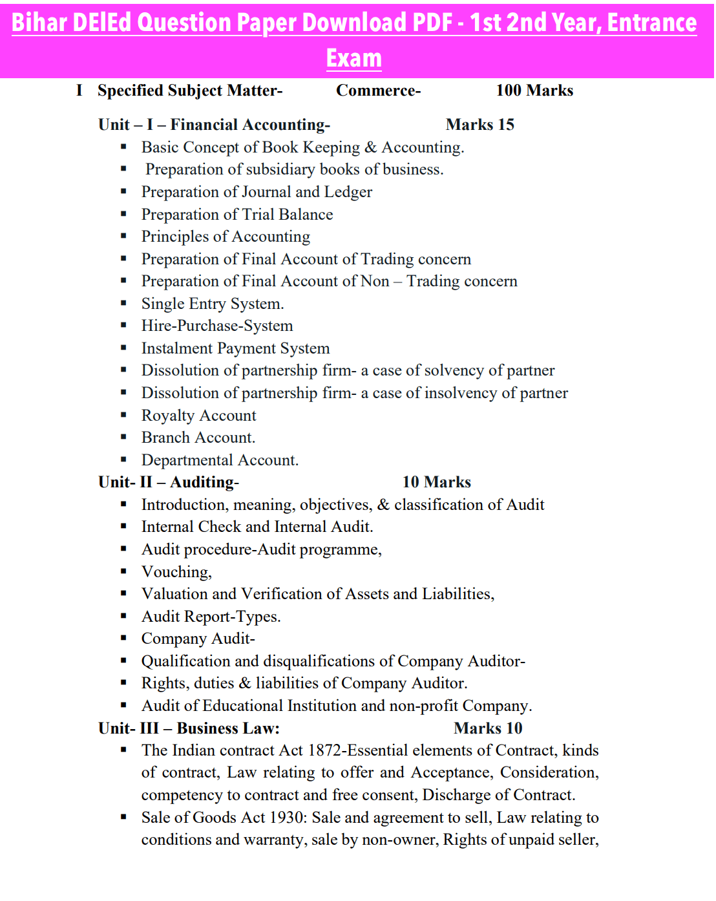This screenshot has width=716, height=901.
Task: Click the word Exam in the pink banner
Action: [353, 58]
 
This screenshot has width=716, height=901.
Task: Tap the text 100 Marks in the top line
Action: [534, 90]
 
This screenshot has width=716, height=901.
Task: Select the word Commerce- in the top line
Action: [378, 90]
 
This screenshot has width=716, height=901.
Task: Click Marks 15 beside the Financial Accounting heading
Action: [479, 125]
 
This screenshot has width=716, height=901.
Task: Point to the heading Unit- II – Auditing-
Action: [169, 482]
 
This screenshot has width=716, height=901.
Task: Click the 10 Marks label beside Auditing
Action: [436, 482]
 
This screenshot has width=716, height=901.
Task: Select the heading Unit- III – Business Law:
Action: [189, 728]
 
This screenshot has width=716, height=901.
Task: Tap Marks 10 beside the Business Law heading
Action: [488, 728]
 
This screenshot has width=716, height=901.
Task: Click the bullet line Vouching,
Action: [176, 572]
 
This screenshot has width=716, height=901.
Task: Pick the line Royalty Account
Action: [199, 416]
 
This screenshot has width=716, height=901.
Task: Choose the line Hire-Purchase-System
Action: [217, 326]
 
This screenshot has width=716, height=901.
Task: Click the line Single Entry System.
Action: [213, 304]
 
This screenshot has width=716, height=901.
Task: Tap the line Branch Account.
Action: [198, 438]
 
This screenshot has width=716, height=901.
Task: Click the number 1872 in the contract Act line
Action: [325, 750]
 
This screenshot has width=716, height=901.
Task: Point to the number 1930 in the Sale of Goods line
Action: [288, 818]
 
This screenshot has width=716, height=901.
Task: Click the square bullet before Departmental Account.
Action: [123, 460]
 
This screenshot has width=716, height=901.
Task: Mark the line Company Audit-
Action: [198, 639]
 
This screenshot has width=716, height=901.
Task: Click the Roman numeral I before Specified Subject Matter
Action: [79, 90]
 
